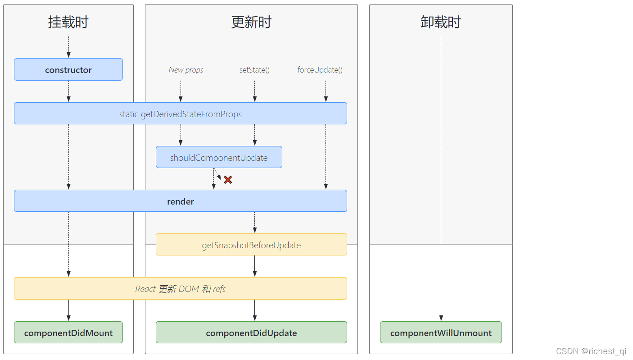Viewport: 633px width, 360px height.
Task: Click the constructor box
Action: (68, 70)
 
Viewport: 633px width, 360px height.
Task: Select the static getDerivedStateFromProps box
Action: (180, 114)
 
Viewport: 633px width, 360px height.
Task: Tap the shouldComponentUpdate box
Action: (219, 157)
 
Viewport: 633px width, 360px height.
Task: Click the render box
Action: (180, 201)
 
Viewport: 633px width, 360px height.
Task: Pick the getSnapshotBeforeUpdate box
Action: (251, 245)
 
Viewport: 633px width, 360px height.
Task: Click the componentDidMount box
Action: (68, 333)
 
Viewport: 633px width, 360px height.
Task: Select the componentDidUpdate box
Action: (251, 333)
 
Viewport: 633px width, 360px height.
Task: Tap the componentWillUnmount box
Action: (441, 333)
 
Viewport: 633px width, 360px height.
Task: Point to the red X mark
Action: (228, 180)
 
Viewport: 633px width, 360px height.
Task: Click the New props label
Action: (186, 70)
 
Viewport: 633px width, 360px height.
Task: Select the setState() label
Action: (254, 70)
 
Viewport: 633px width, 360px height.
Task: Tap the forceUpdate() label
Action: (320, 70)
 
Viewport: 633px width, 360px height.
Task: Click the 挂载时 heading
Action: (68, 22)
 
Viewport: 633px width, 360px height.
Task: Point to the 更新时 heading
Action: (251, 22)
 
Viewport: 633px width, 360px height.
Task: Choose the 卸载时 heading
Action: (441, 22)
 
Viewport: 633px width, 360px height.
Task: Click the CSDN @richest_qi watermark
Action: (591, 351)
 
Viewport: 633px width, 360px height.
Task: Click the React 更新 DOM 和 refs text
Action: (180, 289)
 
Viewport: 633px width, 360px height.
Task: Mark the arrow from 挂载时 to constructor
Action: (68, 47)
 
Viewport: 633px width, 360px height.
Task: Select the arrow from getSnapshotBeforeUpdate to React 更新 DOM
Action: (255, 266)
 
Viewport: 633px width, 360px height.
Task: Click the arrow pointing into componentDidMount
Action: (68, 310)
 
